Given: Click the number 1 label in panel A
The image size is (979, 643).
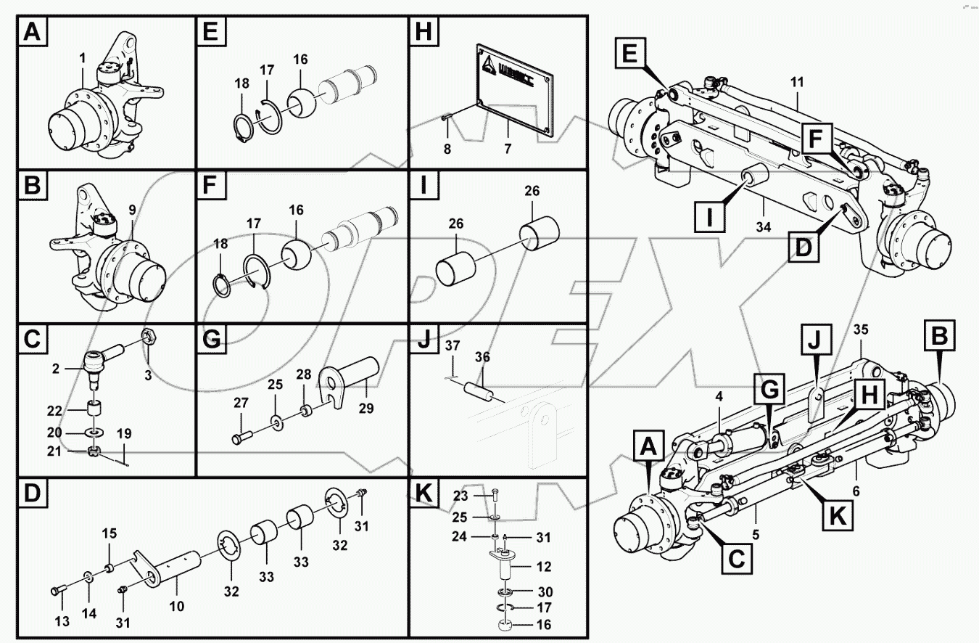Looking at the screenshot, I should click(82, 57).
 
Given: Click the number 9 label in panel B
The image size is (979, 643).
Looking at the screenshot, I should click(132, 210).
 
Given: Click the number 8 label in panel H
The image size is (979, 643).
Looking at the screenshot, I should click(447, 150).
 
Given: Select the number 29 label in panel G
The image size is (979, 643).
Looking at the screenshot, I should click(365, 409).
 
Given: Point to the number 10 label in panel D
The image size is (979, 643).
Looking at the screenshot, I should click(177, 606).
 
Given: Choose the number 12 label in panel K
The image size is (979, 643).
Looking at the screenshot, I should click(544, 566).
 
